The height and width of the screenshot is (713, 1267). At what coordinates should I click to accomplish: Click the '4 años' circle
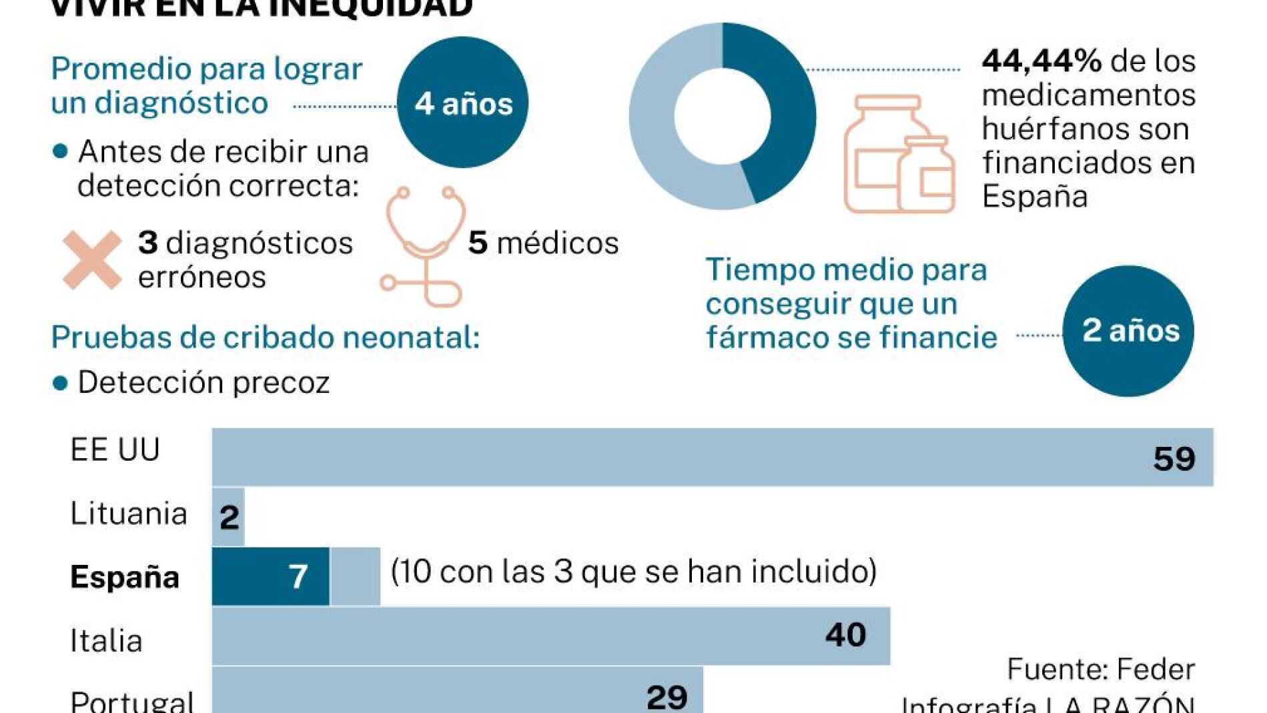[x=462, y=102]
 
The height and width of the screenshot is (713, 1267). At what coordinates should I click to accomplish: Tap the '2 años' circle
[x=1128, y=331]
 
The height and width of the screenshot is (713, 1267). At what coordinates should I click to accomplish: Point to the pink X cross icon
[x=92, y=259]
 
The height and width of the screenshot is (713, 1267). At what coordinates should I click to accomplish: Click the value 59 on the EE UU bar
[x=1174, y=459]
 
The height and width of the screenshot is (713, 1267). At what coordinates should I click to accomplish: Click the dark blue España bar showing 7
[x=270, y=576]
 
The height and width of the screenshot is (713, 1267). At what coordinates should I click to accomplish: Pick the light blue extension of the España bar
[x=355, y=576]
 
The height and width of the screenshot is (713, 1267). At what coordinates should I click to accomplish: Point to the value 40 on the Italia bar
[x=845, y=635]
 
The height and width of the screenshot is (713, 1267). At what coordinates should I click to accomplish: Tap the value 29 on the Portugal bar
[x=667, y=697]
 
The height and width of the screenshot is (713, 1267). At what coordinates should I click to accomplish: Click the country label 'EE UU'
[x=115, y=450]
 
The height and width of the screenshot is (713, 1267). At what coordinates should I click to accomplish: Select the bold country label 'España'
[x=125, y=577]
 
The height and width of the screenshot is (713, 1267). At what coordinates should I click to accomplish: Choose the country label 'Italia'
[x=106, y=641]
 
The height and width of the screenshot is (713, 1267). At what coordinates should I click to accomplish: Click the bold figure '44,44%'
[x=1041, y=61]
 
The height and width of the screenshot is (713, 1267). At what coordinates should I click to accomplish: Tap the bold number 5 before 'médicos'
[x=477, y=243]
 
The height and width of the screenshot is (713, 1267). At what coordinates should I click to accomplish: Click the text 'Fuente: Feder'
[x=1100, y=669]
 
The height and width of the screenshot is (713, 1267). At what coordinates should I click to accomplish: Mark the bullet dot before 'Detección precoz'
[x=60, y=384]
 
